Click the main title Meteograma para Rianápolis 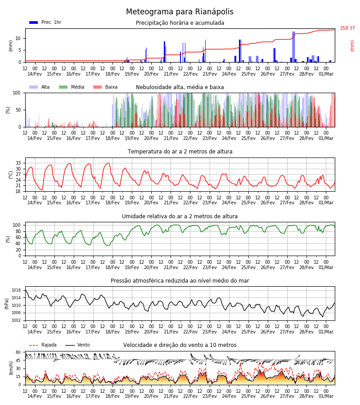tap(180, 12)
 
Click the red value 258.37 tap(347, 28)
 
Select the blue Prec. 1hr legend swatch tap(34, 22)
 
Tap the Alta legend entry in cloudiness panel tap(40, 87)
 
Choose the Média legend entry tap(72, 87)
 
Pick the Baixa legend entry tap(105, 87)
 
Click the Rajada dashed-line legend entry tap(43, 345)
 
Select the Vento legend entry tap(77, 345)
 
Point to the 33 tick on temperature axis tap(18, 163)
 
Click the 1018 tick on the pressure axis tap(16, 290)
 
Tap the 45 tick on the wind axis tap(18, 360)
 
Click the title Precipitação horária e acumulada tap(180, 23)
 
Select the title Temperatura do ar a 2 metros tap(180, 152)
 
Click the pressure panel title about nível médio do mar tap(180, 281)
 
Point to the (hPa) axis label tap(7, 304)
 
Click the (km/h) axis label tap(11, 368)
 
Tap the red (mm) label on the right tap(352, 46)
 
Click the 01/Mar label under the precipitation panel tap(326, 74)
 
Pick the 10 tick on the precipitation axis tap(18, 39)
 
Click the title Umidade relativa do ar tap(180, 216)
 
